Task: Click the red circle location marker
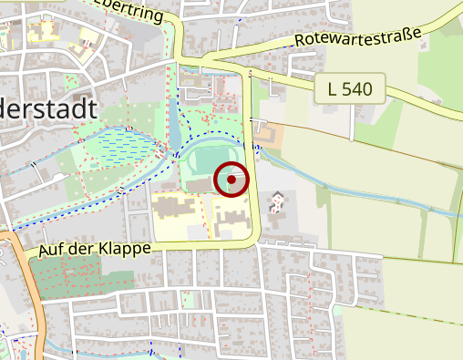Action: point(231,180)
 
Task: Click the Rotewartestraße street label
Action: point(357,38)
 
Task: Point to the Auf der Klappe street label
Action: point(87,248)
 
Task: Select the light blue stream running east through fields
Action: point(365,187)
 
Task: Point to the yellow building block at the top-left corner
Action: point(41,32)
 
